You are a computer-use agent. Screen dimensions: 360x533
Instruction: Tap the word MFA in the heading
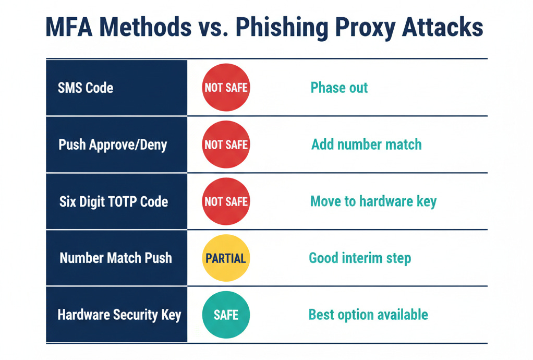[68, 27]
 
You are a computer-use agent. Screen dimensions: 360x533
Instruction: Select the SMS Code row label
[86, 88]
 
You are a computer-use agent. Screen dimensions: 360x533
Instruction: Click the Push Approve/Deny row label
[113, 145]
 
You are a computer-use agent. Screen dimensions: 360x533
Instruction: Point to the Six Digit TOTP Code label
[114, 201]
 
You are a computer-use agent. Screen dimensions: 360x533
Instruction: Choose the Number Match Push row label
[115, 258]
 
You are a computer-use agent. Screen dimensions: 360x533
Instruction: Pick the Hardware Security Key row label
[119, 315]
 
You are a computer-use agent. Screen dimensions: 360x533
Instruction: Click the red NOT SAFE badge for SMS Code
[226, 88]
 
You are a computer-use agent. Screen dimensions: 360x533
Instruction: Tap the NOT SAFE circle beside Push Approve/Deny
[226, 145]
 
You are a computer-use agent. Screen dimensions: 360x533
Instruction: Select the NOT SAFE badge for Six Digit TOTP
[226, 201]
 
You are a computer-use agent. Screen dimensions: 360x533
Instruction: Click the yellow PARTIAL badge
[226, 258]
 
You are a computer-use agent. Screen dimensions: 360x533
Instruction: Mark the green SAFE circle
[226, 315]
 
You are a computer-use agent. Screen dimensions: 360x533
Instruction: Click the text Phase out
[339, 87]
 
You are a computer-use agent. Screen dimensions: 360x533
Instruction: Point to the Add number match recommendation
[366, 144]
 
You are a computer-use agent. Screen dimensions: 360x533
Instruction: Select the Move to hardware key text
[373, 201]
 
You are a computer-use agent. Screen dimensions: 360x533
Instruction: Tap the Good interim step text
[360, 258]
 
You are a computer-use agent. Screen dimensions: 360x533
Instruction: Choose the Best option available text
[368, 315]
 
